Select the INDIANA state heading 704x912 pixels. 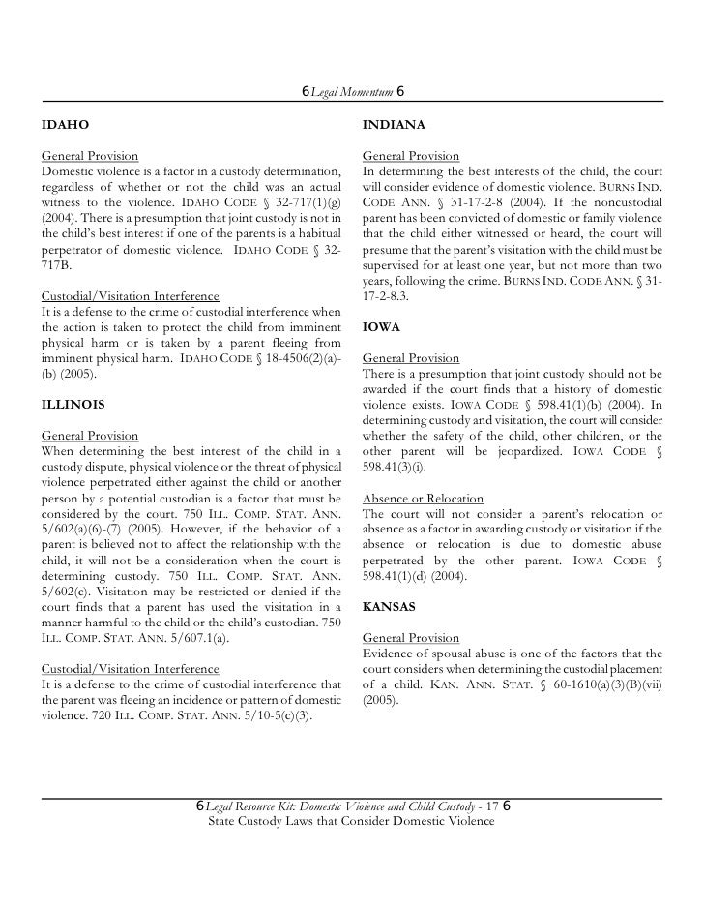pyautogui.click(x=390, y=126)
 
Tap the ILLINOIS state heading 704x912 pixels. pyautogui.click(x=73, y=402)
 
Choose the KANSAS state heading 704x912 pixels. pyautogui.click(x=389, y=607)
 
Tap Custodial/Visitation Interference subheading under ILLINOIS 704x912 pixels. pyautogui.click(x=131, y=669)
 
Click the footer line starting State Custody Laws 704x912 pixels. pyautogui.click(x=351, y=821)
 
